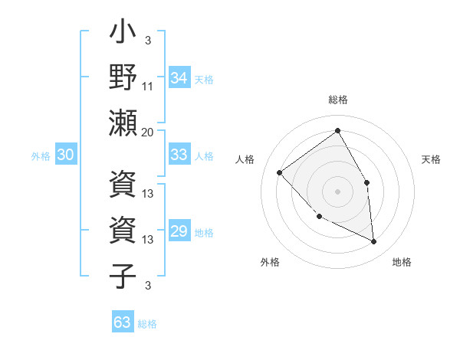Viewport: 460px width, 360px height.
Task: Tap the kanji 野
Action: tap(123, 78)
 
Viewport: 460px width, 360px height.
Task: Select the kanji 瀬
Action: tap(123, 123)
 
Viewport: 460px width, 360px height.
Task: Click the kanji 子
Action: tap(123, 276)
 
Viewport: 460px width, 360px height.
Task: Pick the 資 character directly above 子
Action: tap(123, 231)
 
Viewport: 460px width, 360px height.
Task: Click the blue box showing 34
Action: tap(179, 78)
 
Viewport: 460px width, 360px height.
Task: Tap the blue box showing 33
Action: tap(179, 155)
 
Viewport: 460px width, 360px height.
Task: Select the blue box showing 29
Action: tap(179, 232)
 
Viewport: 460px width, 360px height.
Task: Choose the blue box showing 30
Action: tap(65, 155)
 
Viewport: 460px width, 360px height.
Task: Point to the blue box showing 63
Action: tap(123, 322)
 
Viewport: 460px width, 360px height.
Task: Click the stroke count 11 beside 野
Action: tap(148, 87)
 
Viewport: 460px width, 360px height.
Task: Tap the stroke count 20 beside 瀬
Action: tap(148, 132)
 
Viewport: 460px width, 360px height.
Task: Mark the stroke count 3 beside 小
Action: tap(148, 41)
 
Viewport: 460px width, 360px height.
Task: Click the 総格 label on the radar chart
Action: tap(338, 100)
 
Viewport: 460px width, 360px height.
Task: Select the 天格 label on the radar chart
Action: tap(431, 159)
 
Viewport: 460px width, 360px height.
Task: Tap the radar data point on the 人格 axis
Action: tap(280, 172)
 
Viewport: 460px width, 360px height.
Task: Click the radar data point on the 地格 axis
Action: tap(373, 241)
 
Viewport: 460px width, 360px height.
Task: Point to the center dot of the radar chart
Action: tap(337, 191)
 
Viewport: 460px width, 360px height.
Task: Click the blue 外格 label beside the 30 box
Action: tap(41, 156)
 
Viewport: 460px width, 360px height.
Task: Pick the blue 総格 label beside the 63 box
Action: tap(147, 324)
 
